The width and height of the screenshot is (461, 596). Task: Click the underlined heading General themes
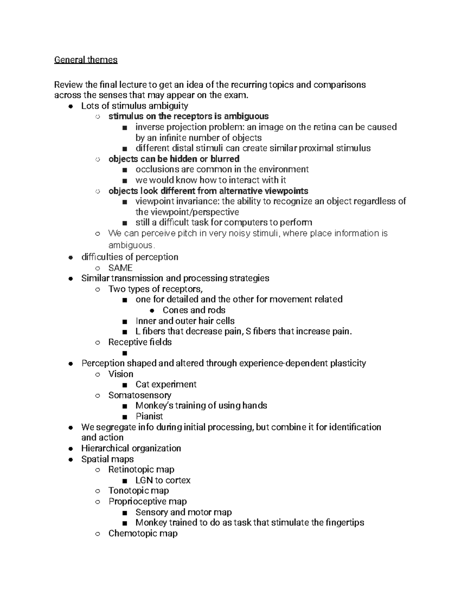pyautogui.click(x=86, y=60)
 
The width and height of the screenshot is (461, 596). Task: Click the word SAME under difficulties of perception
pyautogui.click(x=120, y=268)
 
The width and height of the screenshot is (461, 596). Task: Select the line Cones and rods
pyautogui.click(x=194, y=310)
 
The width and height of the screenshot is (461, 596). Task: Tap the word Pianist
pyautogui.click(x=149, y=416)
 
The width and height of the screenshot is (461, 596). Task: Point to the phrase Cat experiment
pyautogui.click(x=166, y=385)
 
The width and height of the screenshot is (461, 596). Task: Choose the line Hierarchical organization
pyautogui.click(x=131, y=448)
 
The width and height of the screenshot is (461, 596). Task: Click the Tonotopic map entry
pyautogui.click(x=139, y=491)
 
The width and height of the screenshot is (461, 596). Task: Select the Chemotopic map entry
pyautogui.click(x=143, y=533)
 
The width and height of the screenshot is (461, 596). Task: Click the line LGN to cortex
pyautogui.click(x=163, y=480)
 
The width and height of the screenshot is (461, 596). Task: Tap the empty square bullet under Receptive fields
pyautogui.click(x=124, y=353)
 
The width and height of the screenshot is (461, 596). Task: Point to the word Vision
pyautogui.click(x=121, y=374)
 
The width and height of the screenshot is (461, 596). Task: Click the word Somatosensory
pyautogui.click(x=140, y=395)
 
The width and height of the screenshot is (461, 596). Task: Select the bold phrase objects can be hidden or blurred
pyautogui.click(x=174, y=159)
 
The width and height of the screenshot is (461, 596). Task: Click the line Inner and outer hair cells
pyautogui.click(x=185, y=321)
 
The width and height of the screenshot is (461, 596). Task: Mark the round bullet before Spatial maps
pyautogui.click(x=70, y=459)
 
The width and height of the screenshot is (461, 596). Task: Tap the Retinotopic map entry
pyautogui.click(x=141, y=470)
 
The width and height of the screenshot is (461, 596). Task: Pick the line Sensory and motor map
pyautogui.click(x=184, y=512)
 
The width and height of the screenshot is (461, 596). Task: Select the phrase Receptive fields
pyautogui.click(x=140, y=342)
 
